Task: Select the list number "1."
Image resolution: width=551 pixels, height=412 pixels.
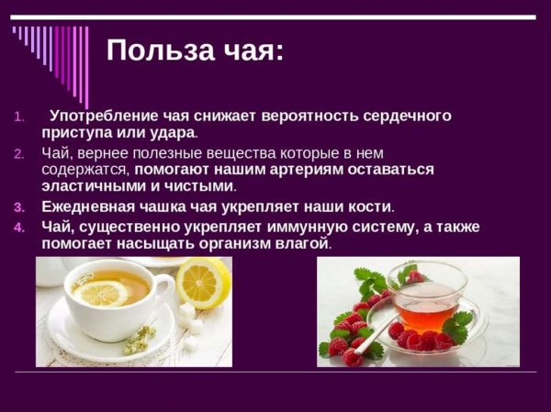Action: [x=22, y=117]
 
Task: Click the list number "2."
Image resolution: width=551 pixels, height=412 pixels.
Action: [x=22, y=152]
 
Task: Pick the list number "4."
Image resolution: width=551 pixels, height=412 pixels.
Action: [x=22, y=226]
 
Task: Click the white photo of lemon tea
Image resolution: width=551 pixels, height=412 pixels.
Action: [x=133, y=312]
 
